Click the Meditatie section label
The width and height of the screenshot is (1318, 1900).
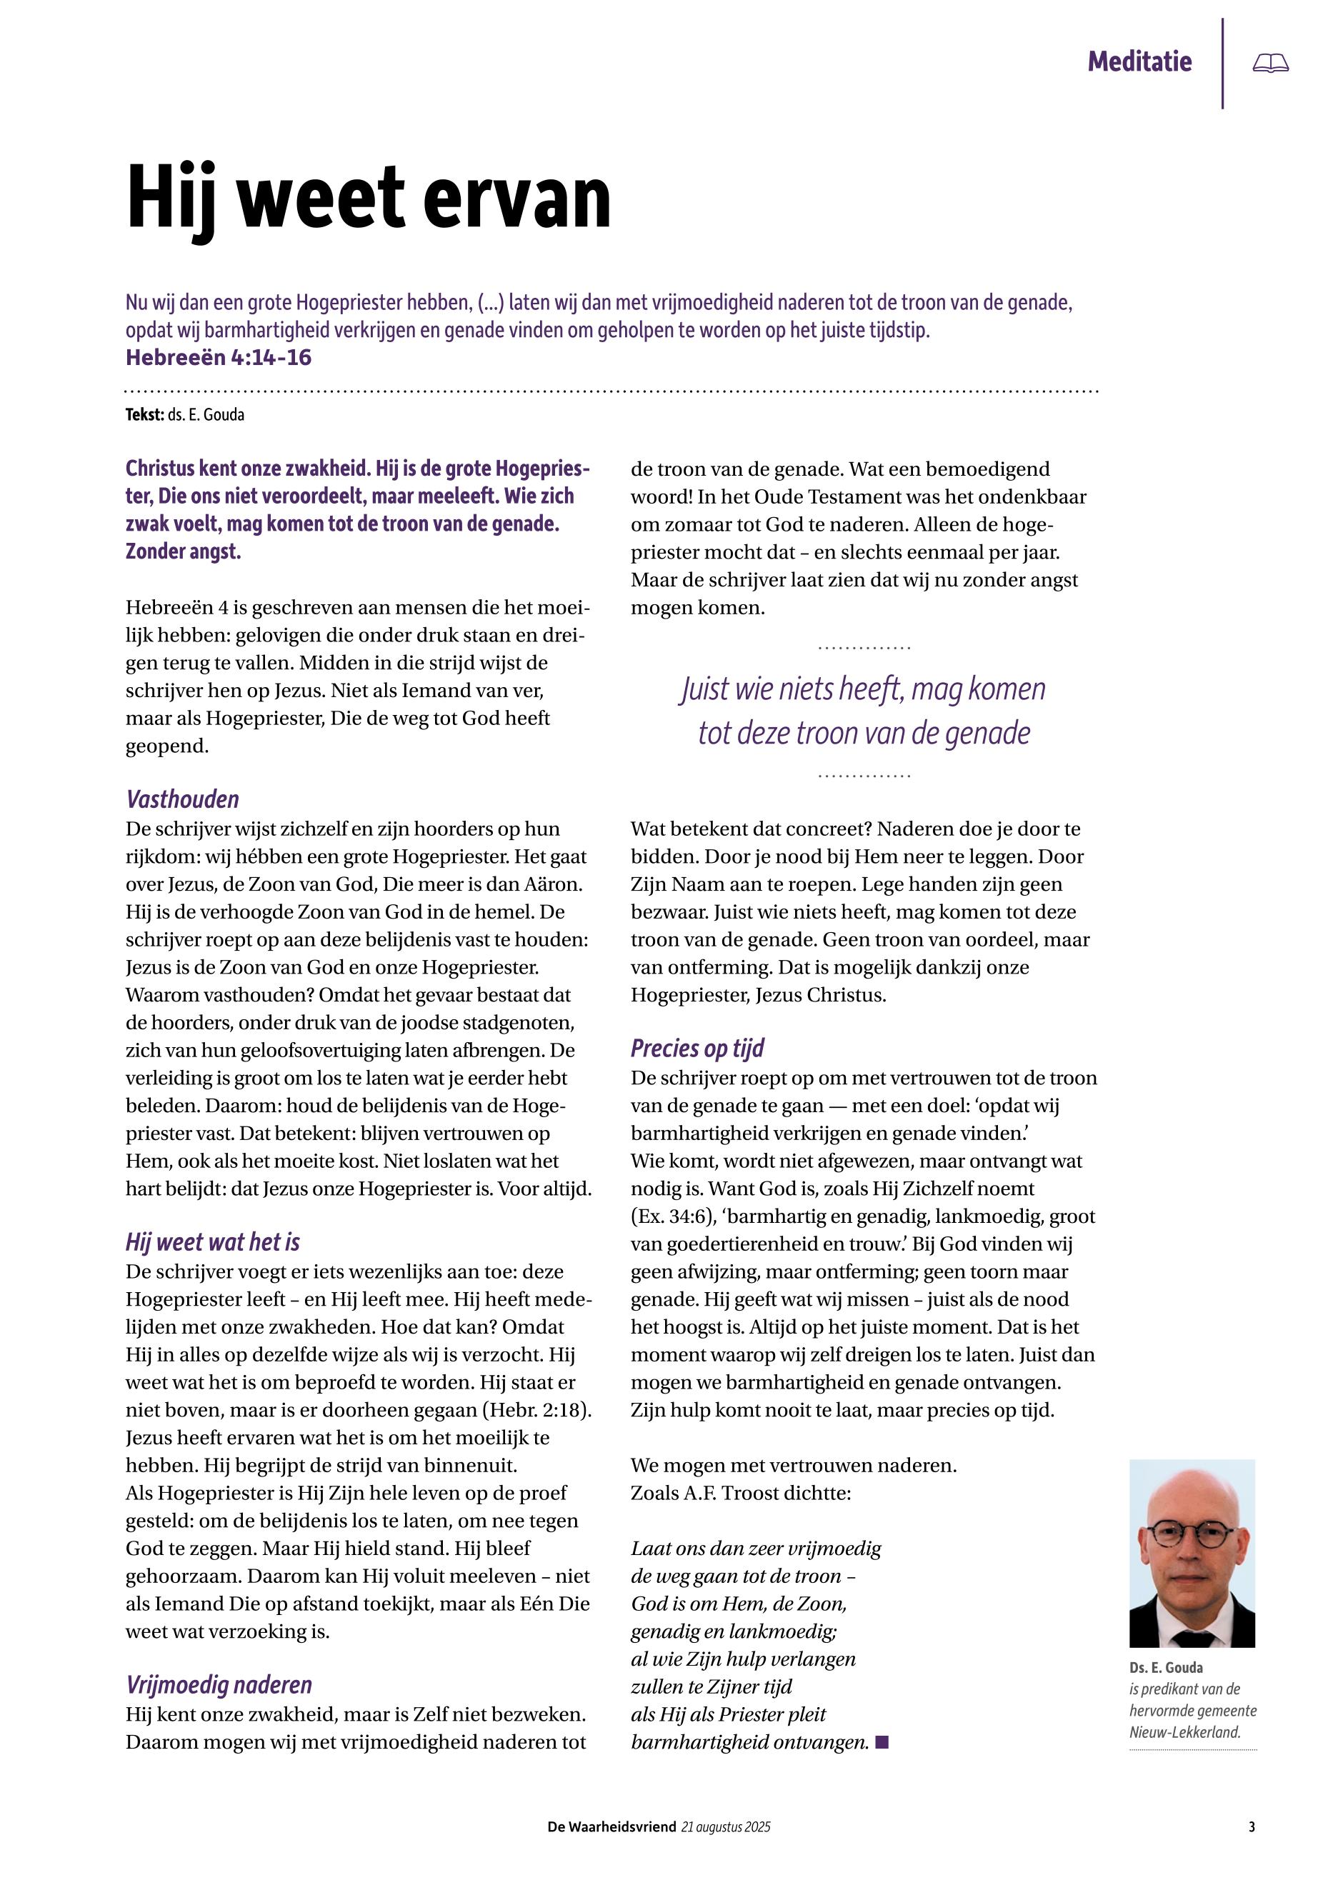coord(1139,62)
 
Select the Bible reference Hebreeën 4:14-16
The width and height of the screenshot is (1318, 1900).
coord(218,358)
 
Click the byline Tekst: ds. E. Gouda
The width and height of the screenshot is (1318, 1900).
coord(185,415)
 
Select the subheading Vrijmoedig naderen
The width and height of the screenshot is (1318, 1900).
coord(219,1684)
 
